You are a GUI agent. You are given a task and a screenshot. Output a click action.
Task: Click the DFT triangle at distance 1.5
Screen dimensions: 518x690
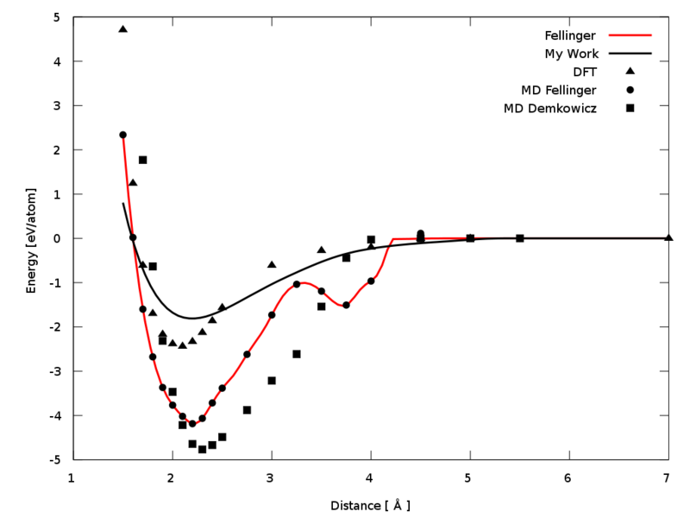coord(122,28)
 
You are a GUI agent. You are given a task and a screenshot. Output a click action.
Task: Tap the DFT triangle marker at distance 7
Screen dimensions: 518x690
coord(668,237)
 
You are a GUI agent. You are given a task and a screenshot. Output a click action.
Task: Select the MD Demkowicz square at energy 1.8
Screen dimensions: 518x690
coord(142,160)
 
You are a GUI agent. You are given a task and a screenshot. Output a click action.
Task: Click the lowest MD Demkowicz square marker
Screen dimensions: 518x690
coord(202,449)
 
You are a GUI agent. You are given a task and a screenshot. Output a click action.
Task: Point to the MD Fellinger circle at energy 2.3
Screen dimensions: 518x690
coord(122,135)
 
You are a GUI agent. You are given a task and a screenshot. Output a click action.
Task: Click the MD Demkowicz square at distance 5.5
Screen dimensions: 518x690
coord(519,237)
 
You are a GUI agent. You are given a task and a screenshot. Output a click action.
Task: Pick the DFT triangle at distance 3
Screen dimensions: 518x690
coord(272,264)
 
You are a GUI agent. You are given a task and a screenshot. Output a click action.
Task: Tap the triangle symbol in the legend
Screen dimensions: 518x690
coord(630,71)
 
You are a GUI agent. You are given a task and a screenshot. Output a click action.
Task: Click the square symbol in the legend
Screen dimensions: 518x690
coord(630,108)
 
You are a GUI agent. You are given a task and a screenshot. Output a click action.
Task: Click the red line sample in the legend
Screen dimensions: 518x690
coord(630,35)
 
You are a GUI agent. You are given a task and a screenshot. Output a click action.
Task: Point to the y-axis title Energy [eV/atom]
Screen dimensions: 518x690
coord(32,238)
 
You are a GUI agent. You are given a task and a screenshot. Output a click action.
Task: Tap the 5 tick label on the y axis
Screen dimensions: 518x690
coord(56,17)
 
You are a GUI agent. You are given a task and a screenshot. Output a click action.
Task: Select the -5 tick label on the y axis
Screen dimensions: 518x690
coord(53,459)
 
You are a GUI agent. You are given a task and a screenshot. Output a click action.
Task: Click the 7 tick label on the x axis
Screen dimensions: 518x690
coord(668,477)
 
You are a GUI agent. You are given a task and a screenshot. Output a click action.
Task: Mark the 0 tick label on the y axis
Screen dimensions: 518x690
coord(56,238)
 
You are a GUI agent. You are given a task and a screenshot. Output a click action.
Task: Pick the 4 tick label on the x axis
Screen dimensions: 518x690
coord(370,477)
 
